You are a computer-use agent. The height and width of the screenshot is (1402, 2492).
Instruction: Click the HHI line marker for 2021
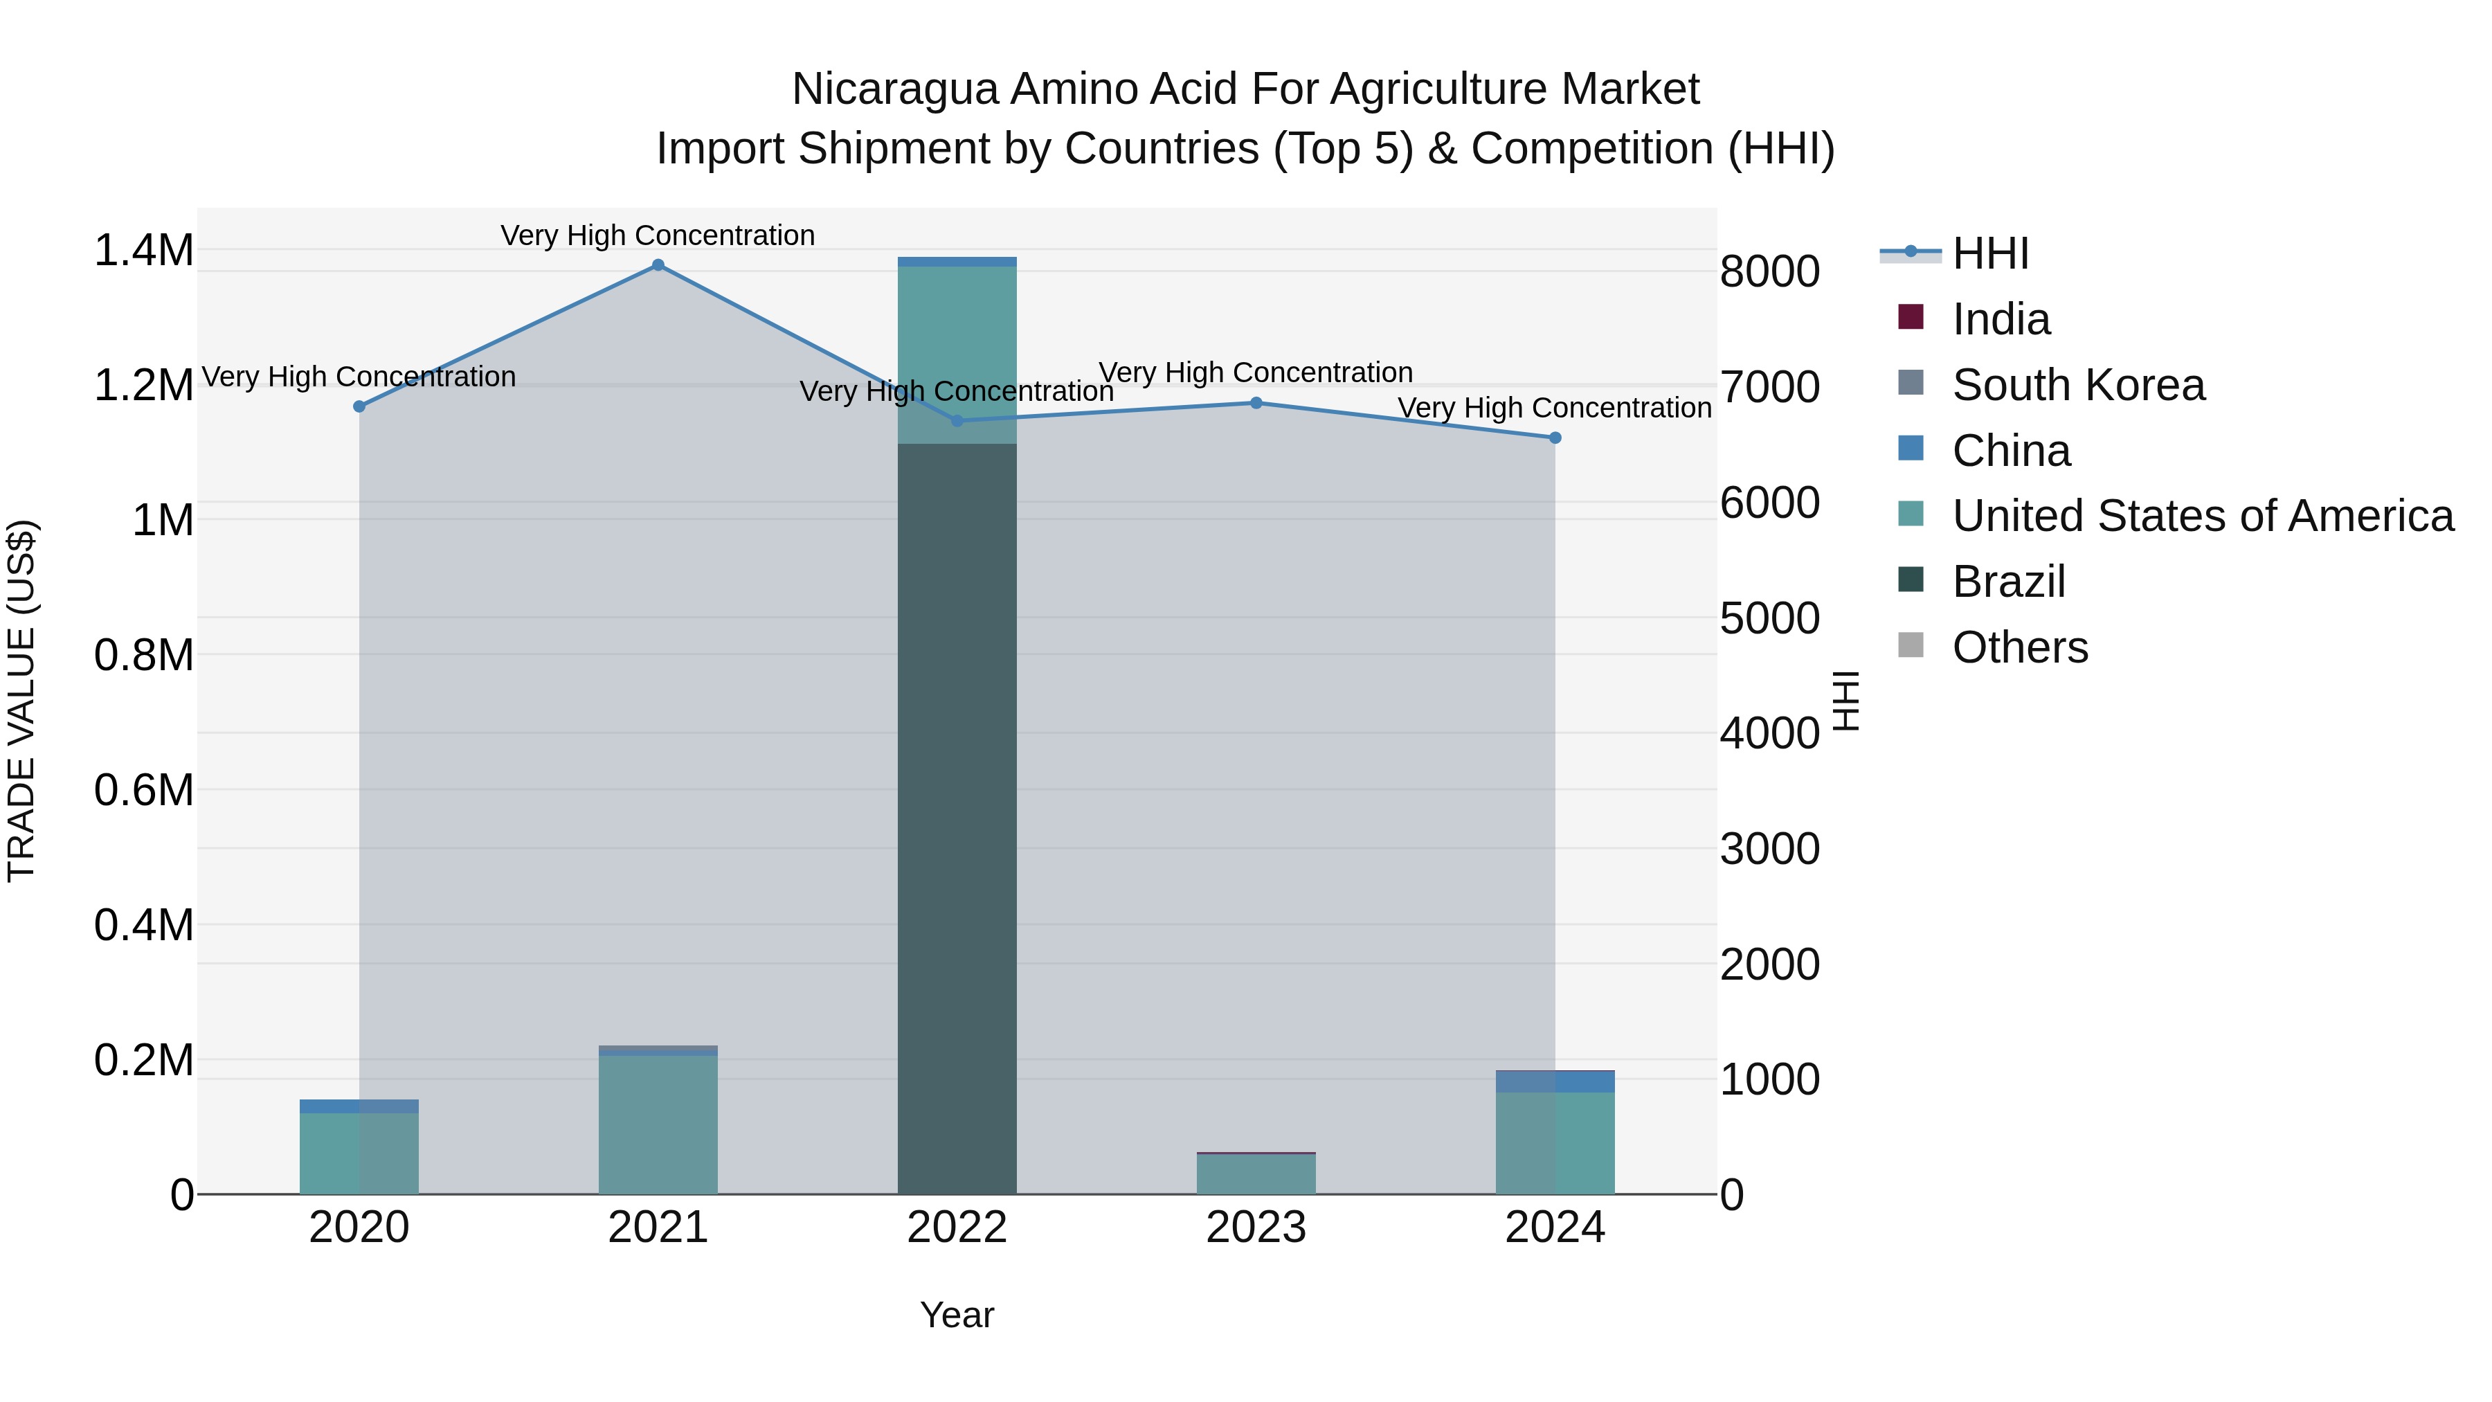[658, 265]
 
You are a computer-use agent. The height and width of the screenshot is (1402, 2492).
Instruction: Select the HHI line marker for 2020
[359, 406]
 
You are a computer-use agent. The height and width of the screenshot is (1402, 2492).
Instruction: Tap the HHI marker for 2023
[1256, 402]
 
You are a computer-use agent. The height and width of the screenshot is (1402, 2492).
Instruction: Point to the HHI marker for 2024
[1555, 438]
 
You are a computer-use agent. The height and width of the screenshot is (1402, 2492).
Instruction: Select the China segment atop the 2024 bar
[1555, 1081]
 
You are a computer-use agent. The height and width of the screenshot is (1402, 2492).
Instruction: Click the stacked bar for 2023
[1256, 1174]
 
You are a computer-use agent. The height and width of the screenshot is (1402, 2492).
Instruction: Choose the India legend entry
[2000, 319]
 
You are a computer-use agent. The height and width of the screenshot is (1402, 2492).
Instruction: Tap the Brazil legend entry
[2007, 582]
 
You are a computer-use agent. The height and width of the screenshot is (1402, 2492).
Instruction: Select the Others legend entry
[2019, 647]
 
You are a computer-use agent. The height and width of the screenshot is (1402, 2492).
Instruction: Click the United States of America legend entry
[2202, 516]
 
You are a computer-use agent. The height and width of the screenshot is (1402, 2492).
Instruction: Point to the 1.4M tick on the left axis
[143, 251]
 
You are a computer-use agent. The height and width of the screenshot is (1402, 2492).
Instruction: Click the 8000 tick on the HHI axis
[1769, 272]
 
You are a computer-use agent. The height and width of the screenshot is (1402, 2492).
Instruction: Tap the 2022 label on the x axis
[957, 1228]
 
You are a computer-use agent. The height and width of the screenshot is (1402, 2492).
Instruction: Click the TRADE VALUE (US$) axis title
[22, 701]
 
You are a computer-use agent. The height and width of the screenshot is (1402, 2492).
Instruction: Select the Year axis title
[957, 1315]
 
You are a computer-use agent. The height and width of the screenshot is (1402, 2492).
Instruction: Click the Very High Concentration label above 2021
[658, 235]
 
